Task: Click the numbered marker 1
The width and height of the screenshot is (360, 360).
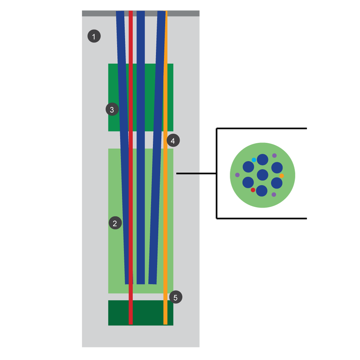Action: [94, 37]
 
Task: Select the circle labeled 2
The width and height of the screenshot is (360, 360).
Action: [115, 223]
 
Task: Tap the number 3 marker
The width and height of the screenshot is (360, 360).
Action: [112, 110]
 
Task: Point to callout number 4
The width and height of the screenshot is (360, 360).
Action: [173, 141]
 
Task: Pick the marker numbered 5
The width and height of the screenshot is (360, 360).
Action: [176, 298]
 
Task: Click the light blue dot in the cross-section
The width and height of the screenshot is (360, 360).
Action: [254, 160]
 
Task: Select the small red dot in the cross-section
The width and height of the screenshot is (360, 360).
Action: [253, 190]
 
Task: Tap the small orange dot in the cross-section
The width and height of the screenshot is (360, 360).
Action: [282, 176]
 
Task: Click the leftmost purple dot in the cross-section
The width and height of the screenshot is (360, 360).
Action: [237, 175]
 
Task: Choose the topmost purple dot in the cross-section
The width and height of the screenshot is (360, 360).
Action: [274, 155]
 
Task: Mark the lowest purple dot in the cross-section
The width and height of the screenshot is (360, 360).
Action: [274, 195]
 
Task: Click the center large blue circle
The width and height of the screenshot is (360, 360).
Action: [262, 175]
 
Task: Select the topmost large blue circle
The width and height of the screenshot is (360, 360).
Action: [262, 160]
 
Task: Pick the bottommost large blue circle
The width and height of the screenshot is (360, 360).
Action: [262, 190]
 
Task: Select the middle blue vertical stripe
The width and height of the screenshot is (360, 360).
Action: [141, 152]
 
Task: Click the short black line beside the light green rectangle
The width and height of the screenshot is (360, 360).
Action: [188, 173]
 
